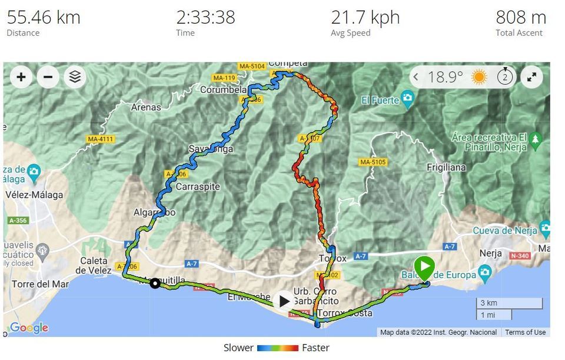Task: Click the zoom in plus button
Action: [21, 77]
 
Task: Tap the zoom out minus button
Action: [48, 77]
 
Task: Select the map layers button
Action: [75, 77]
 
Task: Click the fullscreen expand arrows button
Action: [531, 77]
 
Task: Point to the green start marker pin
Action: [424, 268]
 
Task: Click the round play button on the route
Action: [284, 301]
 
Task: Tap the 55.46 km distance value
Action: [44, 17]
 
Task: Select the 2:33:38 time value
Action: [205, 17]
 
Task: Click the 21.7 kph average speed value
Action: [365, 17]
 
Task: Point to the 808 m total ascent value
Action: [520, 17]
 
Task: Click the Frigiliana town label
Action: [446, 168]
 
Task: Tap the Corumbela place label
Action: [223, 90]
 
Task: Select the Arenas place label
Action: [146, 107]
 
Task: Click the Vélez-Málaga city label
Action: [34, 195]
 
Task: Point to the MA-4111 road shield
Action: [100, 139]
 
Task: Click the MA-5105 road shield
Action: [373, 162]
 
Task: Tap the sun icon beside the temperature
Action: [479, 77]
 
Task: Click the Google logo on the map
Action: [29, 328]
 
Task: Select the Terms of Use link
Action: [525, 332]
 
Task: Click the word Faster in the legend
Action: [315, 348]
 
